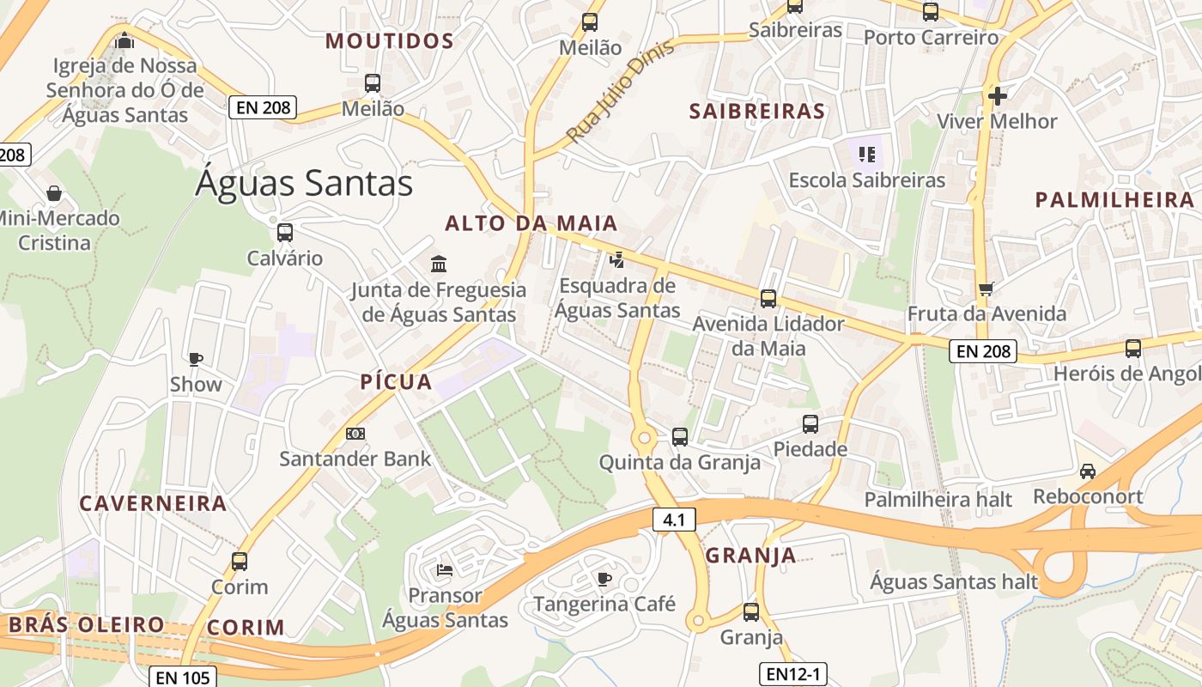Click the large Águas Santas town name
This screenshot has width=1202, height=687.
(304, 183)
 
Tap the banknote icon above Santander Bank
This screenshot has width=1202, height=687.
(355, 434)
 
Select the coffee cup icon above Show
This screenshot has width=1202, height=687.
(196, 359)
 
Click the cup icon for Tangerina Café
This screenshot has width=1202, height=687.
(604, 579)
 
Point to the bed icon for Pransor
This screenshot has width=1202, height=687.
(445, 569)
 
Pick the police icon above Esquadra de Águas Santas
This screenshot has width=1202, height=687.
(616, 259)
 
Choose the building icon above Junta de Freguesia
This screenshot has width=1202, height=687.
(439, 263)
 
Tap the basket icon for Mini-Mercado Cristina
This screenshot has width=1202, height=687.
(54, 192)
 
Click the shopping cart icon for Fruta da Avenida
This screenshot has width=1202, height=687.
(986, 289)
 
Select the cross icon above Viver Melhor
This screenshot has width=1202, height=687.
(997, 95)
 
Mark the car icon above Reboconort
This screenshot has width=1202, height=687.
(1088, 471)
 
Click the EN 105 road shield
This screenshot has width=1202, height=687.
(183, 677)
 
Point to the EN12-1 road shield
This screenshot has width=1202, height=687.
(793, 674)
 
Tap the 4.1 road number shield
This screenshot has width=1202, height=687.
(674, 519)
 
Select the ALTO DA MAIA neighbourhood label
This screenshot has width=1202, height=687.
(531, 223)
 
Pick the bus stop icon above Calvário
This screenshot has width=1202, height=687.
(285, 233)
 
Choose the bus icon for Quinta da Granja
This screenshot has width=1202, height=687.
(680, 437)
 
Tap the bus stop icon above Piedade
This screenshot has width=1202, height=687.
(810, 423)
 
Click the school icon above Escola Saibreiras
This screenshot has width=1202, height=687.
(866, 155)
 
